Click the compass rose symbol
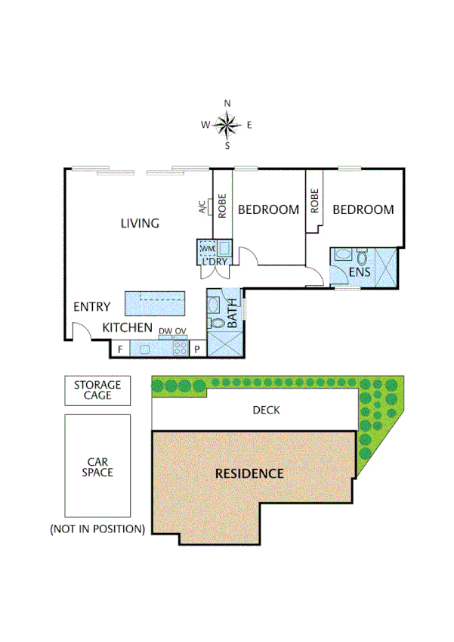[227, 124]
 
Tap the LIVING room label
[141, 223]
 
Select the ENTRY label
[91, 307]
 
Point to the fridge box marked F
[120, 349]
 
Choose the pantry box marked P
[196, 349]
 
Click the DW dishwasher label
[165, 331]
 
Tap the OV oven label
[181, 331]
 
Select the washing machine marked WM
[206, 248]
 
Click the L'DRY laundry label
[215, 262]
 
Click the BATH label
[233, 314]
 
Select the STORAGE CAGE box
[97, 389]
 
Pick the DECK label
[265, 411]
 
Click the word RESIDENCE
[249, 474]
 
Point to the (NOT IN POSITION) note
[97, 529]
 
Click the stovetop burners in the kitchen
[181, 349]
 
